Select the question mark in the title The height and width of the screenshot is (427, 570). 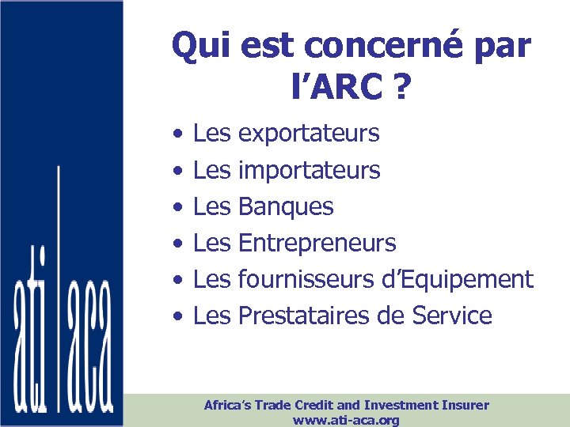coord(401,88)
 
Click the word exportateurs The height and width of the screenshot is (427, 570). coord(309,134)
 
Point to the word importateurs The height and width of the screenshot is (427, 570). coord(309,170)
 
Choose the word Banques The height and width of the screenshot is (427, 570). coord(286,206)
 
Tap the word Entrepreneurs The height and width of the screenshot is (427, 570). coord(317,243)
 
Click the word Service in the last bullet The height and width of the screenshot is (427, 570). coord(452,316)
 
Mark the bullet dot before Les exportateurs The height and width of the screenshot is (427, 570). coord(180,134)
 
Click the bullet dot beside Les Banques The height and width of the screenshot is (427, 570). coord(180,206)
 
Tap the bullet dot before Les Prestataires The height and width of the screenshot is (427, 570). coord(180,316)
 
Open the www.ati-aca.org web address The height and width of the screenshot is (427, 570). coord(346,420)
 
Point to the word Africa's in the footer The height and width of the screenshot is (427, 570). coord(228,405)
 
